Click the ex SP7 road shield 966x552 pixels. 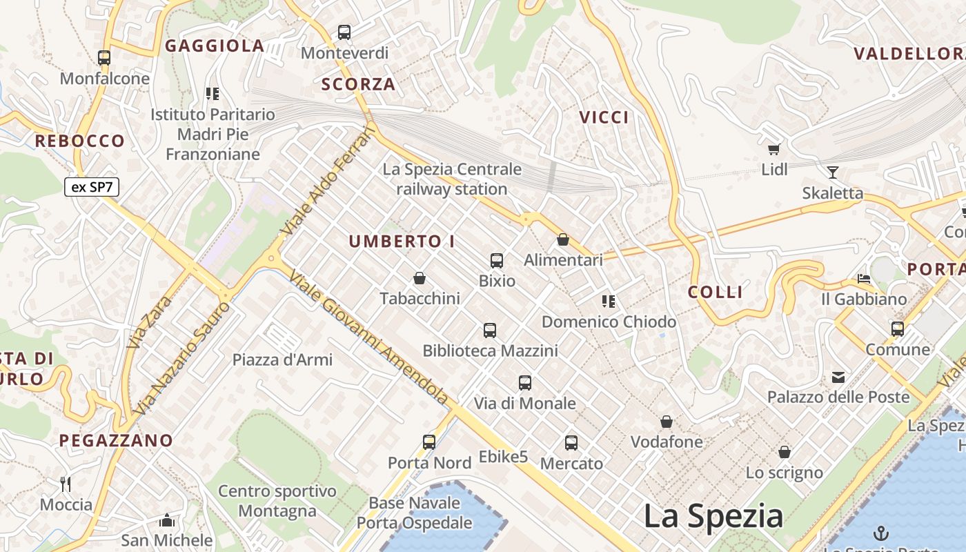[92, 187]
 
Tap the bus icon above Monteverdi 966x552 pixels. [344, 32]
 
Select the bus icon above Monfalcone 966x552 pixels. [104, 58]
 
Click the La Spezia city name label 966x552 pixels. [713, 516]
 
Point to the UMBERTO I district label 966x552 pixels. [402, 241]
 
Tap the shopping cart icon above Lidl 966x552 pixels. [773, 148]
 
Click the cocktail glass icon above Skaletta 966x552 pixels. [833, 172]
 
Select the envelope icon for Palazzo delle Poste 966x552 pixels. [838, 377]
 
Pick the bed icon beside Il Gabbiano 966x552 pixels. [863, 279]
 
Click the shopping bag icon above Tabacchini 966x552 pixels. [419, 278]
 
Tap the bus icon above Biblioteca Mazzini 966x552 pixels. [490, 330]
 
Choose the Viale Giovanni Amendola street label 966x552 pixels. [369, 337]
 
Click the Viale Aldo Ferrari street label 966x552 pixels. [328, 180]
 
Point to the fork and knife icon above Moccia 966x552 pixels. [66, 484]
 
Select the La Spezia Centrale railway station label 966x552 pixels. [452, 179]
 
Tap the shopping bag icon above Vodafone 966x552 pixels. [667, 421]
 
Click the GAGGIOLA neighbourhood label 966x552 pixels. [215, 46]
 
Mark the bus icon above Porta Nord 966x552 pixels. [429, 442]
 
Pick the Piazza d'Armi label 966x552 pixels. [282, 359]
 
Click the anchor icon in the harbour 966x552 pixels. [880, 533]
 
